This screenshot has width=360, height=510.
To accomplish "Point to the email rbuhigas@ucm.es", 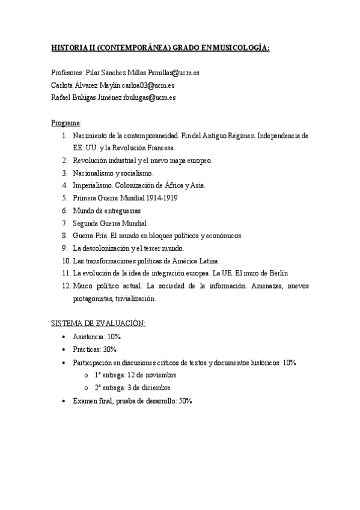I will click(159, 97).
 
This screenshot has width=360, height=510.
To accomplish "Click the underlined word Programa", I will click(66, 123).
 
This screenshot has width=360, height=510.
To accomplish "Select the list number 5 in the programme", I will click(65, 198).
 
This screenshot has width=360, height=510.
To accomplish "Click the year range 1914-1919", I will click(159, 198).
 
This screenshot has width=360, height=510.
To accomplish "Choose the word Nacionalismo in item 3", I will click(95, 173).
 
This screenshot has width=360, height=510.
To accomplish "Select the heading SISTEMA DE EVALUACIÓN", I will click(98, 324).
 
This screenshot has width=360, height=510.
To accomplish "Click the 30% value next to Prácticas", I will click(109, 349).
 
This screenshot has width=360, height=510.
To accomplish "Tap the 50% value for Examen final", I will click(185, 401).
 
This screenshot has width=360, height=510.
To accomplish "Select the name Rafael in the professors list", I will click(62, 97).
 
